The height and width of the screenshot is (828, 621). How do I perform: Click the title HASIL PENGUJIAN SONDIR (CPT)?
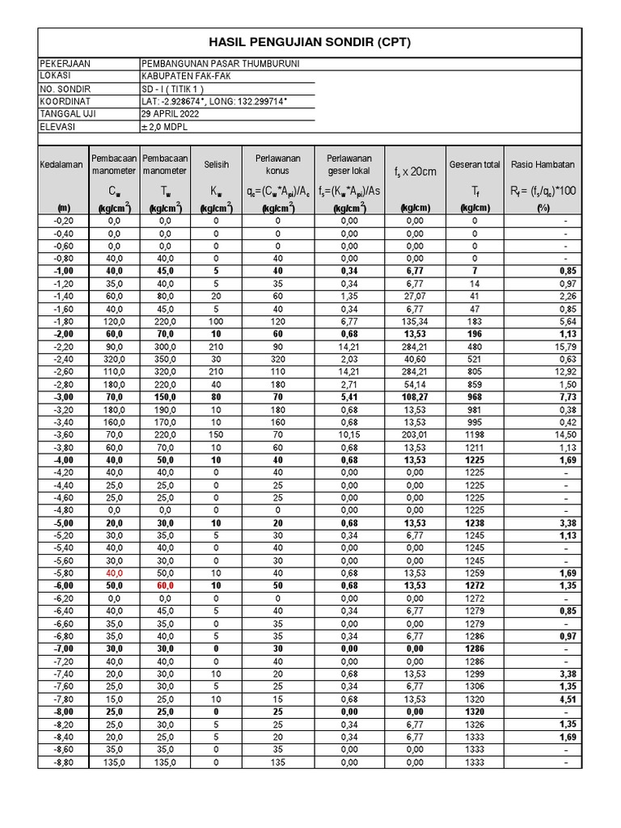point(309,42)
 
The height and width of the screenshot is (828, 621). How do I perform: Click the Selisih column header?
point(216,164)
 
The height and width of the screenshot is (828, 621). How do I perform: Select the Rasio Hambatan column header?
point(543,164)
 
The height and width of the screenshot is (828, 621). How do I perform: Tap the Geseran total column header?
point(475,164)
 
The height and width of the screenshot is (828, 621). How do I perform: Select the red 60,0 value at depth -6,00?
point(165,585)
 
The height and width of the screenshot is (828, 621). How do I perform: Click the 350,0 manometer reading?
point(165,360)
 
